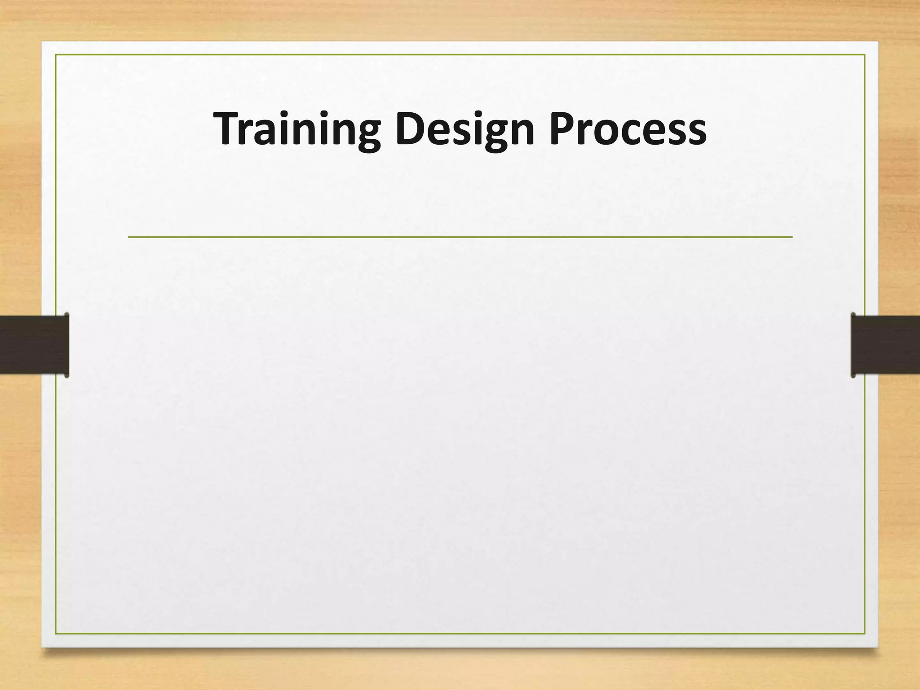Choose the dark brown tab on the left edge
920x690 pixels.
click(x=34, y=345)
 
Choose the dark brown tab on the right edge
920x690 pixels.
click(x=885, y=345)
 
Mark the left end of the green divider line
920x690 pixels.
click(x=129, y=236)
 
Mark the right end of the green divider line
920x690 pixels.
click(x=792, y=236)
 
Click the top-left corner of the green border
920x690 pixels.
click(x=56, y=55)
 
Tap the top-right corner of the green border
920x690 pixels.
click(x=865, y=55)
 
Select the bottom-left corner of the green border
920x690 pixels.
click(x=56, y=634)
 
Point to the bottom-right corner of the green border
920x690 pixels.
click(x=865, y=634)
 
